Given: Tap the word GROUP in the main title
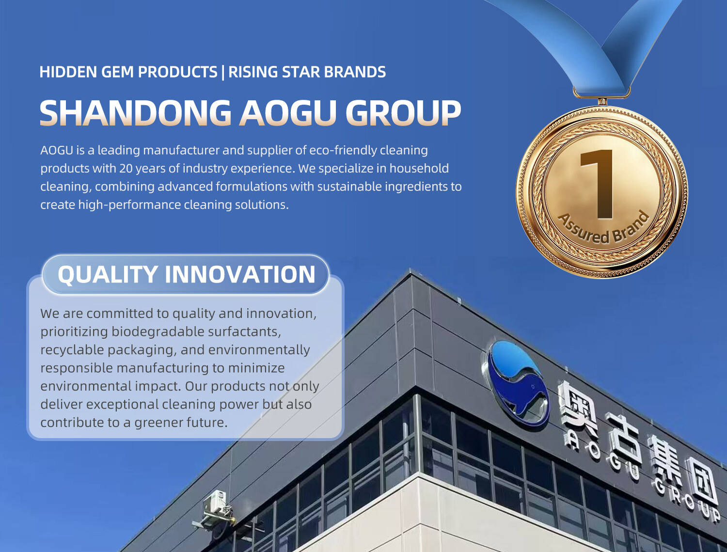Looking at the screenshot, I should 403,112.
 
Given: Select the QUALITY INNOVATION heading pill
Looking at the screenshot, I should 186,274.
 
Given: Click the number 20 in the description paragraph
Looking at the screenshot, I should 126,169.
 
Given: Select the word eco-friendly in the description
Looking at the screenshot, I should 343,150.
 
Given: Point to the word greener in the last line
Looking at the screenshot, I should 158,423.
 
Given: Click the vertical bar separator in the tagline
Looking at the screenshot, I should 223,72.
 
